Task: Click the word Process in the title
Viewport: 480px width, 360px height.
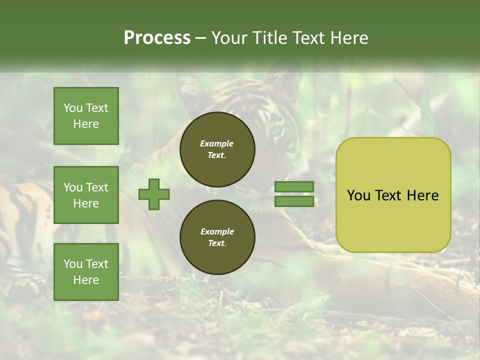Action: point(157,38)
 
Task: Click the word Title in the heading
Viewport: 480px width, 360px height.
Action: point(268,38)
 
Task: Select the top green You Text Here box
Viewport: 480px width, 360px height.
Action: point(86,116)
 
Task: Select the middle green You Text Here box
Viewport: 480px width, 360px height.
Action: point(86,195)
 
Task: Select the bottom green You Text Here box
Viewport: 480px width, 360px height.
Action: point(86,272)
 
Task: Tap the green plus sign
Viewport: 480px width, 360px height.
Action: point(154,194)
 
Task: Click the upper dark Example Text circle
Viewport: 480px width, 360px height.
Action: point(217,149)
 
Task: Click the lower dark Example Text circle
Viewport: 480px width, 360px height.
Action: point(217,237)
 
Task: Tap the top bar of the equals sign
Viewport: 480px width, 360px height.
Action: point(294,187)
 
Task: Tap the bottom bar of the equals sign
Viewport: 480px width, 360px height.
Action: point(294,201)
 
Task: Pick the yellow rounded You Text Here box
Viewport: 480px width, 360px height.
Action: point(393,195)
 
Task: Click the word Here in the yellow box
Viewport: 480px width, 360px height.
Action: point(422,195)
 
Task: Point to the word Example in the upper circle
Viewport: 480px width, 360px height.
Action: point(216,144)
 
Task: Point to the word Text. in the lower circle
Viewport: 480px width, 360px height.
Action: point(217,243)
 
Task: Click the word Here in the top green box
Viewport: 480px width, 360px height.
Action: point(86,124)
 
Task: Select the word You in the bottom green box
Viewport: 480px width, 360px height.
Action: point(72,264)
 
